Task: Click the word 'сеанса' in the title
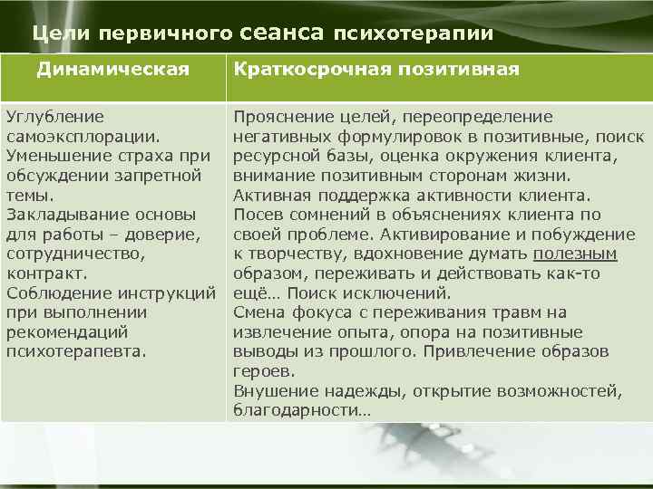[283, 34]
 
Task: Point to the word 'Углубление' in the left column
[54, 118]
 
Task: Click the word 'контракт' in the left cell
[45, 273]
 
